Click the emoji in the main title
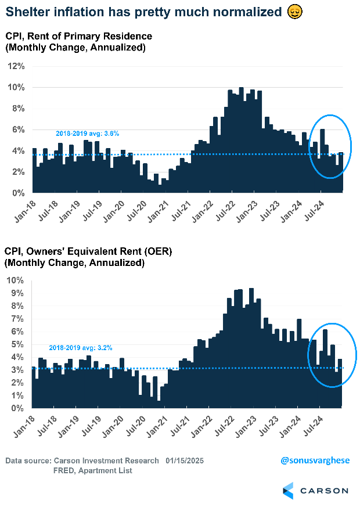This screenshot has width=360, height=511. pos(294,12)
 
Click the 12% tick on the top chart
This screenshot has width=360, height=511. pos(16,66)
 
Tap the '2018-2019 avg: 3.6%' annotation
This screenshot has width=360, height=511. pos(88,134)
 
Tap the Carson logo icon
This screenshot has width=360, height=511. pos(289,490)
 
